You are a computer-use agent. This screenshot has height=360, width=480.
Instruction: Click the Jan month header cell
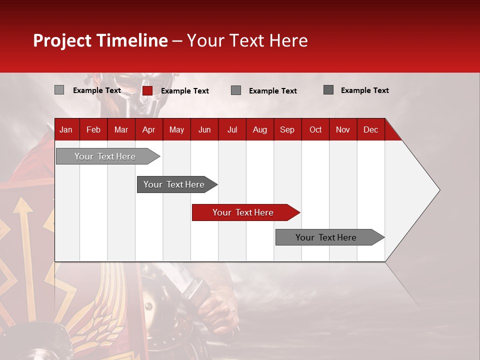click(66, 129)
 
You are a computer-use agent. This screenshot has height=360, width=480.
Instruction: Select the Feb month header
click(93, 129)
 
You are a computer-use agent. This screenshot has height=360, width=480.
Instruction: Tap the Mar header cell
click(121, 129)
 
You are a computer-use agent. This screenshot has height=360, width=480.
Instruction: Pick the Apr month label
click(149, 129)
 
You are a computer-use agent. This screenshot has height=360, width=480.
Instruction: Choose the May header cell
click(176, 129)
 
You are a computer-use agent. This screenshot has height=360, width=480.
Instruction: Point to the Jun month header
click(204, 129)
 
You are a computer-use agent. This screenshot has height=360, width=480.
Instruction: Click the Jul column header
click(232, 129)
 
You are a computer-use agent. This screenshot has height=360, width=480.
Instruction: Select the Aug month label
click(260, 129)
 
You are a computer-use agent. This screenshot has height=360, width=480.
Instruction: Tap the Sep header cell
click(287, 129)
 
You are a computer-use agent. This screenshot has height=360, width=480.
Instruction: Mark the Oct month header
click(315, 129)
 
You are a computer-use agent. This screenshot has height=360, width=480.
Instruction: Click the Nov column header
click(343, 129)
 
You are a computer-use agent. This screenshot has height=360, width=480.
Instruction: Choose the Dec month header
click(371, 129)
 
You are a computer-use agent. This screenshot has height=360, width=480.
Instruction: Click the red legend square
click(147, 90)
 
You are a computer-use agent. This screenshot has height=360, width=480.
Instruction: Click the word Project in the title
click(62, 40)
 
